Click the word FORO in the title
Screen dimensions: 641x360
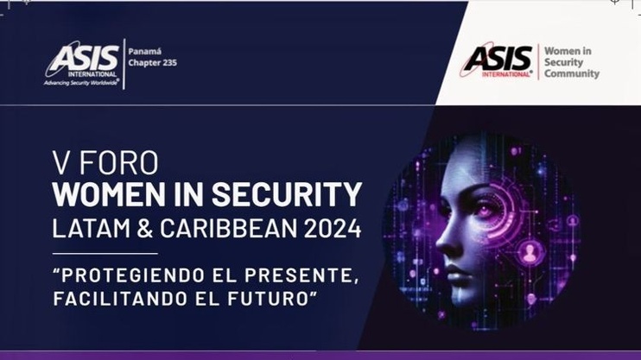pyautogui.click(x=117, y=162)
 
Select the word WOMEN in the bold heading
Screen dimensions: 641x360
pyautogui.click(x=107, y=194)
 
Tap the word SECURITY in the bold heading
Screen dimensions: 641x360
pyautogui.click(x=287, y=194)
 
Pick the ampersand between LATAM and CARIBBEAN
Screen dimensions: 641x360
pyautogui.click(x=145, y=228)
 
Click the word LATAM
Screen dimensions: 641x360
pyautogui.click(x=92, y=228)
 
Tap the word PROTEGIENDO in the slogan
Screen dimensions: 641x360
pyautogui.click(x=131, y=275)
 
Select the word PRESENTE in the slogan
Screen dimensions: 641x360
pyautogui.click(x=296, y=275)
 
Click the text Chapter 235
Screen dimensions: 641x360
pyautogui.click(x=153, y=63)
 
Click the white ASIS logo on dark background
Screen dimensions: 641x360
pyautogui.click(x=82, y=63)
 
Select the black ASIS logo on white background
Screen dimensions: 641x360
pyautogui.click(x=498, y=60)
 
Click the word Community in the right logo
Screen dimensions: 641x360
pyautogui.click(x=572, y=74)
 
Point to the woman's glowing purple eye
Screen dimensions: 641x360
pyautogui.click(x=486, y=209)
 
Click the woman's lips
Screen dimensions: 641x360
pyautogui.click(x=454, y=273)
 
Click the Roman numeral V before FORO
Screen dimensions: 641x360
pyautogui.click(x=61, y=162)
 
